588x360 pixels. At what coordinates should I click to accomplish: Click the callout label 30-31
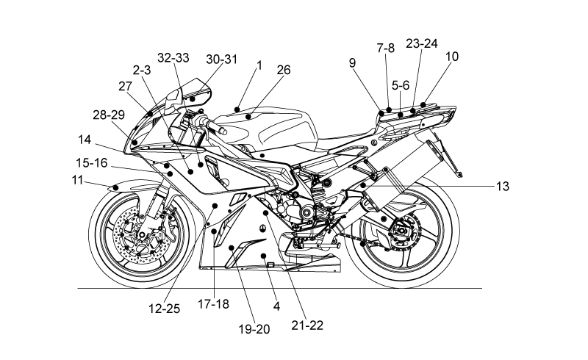pos(222,60)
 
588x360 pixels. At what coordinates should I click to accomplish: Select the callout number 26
pos(284,70)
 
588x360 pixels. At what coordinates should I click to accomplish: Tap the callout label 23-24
pos(421,43)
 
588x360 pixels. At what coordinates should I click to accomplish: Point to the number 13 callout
pos(503,186)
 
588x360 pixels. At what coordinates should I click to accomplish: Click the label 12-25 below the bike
pos(164,309)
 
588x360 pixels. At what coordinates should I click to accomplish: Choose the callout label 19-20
pos(254,329)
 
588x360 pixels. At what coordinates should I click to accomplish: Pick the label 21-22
pos(307,325)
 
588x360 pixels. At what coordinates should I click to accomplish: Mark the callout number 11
pos(77,180)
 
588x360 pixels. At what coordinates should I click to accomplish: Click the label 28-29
pos(109,115)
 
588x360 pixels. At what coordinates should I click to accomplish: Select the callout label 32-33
pos(173,58)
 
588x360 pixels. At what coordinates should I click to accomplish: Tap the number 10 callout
pos(452,57)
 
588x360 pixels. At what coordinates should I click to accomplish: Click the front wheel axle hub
pos(142,235)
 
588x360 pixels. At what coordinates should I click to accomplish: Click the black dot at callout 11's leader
pos(116,187)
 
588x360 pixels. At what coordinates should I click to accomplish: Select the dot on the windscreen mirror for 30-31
pos(193,99)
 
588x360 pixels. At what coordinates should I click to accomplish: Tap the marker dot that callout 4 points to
pos(264,256)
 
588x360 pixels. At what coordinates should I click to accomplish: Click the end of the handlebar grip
pos(224,132)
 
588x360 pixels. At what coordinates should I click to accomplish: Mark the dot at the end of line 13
pos(362,185)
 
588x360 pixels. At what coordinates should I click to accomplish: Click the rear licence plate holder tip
pos(460,174)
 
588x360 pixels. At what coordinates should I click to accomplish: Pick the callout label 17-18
pos(213,303)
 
